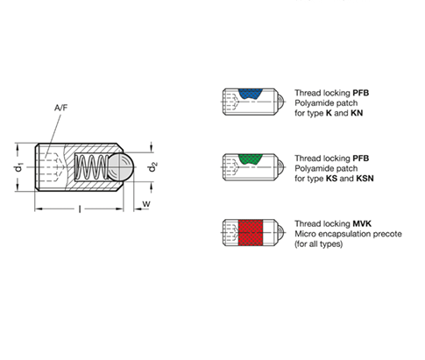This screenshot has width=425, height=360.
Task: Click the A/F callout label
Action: (x=60, y=108)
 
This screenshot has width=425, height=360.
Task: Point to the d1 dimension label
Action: (x=18, y=167)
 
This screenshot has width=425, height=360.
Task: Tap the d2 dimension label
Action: (x=152, y=167)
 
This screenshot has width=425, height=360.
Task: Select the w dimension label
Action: (x=146, y=204)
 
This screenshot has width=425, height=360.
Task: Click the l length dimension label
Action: (x=80, y=209)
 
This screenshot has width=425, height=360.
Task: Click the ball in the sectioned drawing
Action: (x=121, y=167)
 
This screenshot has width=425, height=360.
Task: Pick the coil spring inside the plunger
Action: (x=91, y=167)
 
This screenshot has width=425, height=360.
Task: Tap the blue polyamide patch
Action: (x=251, y=94)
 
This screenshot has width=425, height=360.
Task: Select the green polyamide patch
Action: (x=251, y=159)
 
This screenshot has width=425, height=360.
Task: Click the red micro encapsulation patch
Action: (x=251, y=233)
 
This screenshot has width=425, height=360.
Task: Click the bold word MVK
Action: (x=362, y=224)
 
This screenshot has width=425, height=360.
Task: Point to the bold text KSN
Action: (x=365, y=179)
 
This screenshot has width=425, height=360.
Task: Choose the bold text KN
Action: (x=357, y=113)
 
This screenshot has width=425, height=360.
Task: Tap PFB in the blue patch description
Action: (x=361, y=93)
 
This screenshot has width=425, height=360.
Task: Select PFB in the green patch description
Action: (x=361, y=159)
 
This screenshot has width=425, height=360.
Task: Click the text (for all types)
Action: (x=318, y=244)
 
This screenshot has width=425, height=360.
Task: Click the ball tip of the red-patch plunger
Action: (x=280, y=233)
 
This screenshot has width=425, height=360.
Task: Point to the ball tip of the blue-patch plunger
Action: (x=280, y=102)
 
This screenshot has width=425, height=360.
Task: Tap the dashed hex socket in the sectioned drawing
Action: (x=52, y=167)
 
